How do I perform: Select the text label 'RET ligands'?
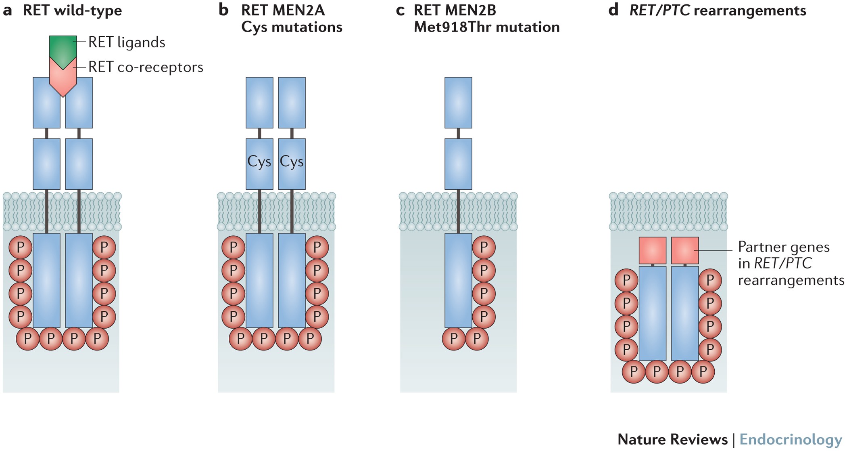[127, 42]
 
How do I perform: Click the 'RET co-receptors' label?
[146, 67]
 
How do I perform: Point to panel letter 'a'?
[7, 10]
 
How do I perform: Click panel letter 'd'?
[613, 10]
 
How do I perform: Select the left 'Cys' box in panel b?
[259, 164]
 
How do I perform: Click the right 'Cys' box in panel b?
[292, 164]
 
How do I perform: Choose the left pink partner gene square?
[653, 251]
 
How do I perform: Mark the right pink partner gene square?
[685, 251]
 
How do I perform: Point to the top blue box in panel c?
[458, 103]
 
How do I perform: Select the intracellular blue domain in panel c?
[458, 280]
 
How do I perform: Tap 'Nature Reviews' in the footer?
[672, 439]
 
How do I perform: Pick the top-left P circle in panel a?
[20, 247]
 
